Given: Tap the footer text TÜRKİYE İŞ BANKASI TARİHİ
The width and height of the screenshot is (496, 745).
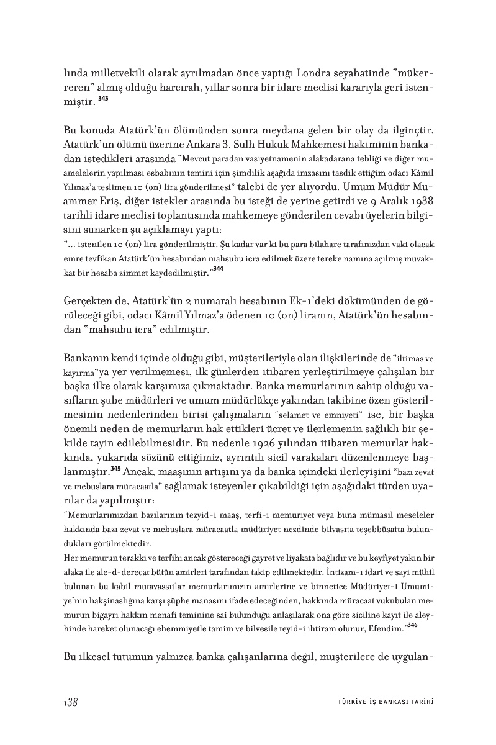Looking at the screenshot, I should point(380,702).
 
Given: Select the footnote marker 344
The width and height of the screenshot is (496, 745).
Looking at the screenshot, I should point(217,268).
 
